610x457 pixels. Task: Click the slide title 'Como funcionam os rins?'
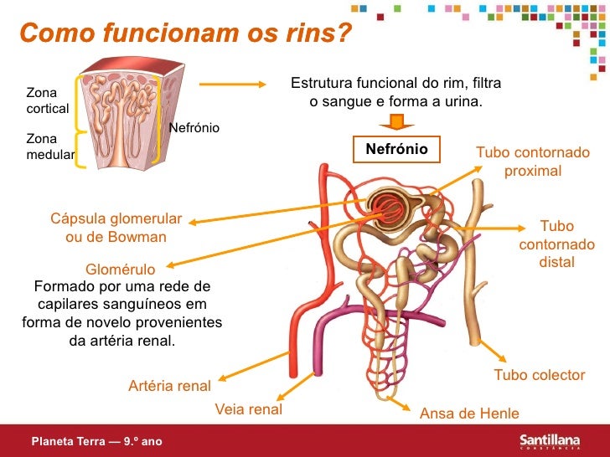185,36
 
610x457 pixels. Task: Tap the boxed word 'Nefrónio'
396,149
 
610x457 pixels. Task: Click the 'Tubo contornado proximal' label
533,162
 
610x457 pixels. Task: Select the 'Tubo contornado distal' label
557,244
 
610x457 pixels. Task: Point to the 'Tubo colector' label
539,375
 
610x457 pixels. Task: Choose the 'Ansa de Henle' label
469,413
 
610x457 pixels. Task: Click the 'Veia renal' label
249,410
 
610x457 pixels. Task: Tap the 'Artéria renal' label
169,386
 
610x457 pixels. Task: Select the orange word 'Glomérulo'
121,270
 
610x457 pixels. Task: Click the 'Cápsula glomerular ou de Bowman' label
116,228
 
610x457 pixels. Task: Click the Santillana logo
555,440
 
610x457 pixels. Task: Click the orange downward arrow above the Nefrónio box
396,122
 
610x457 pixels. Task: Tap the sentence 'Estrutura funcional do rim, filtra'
395,84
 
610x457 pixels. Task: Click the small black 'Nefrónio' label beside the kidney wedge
194,128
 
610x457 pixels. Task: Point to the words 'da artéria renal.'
122,341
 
